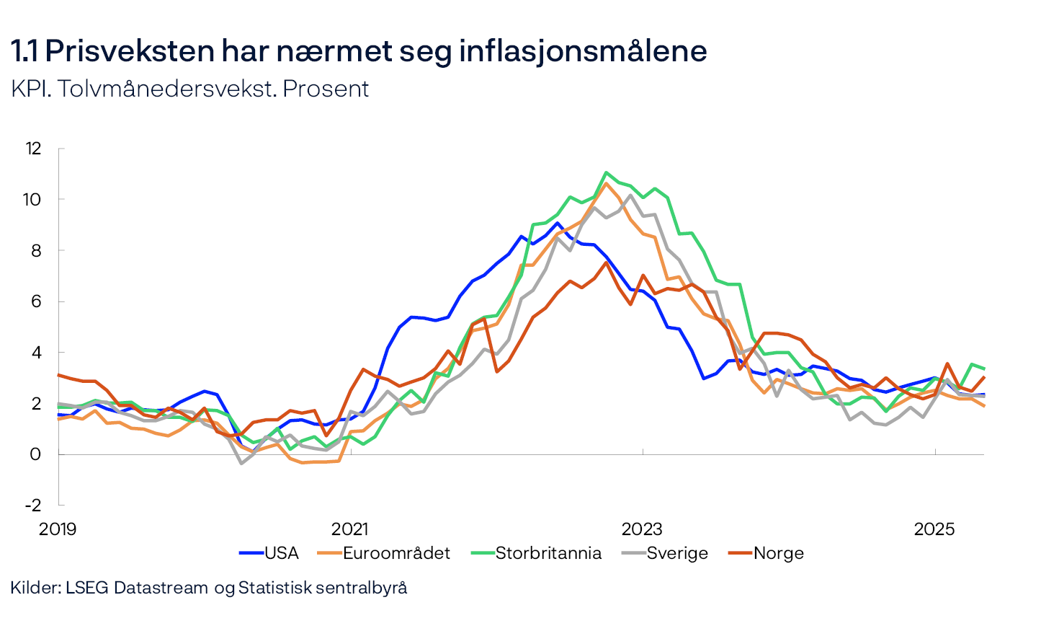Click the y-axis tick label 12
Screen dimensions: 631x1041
point(33,149)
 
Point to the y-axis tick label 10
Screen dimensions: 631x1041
point(32,200)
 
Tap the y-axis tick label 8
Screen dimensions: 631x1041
point(35,250)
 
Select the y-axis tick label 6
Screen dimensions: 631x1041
point(35,301)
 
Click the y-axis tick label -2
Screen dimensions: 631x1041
point(33,505)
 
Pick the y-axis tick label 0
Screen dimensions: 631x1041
point(35,454)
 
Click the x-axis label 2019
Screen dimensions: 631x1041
point(58,529)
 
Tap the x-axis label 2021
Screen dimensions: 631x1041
point(349,529)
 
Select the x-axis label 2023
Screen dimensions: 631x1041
point(642,529)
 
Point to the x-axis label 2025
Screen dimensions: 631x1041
point(934,529)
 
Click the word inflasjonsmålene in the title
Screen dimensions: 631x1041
point(583,51)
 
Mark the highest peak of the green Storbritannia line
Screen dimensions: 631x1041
point(606,172)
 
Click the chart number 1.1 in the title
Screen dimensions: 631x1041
point(24,51)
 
